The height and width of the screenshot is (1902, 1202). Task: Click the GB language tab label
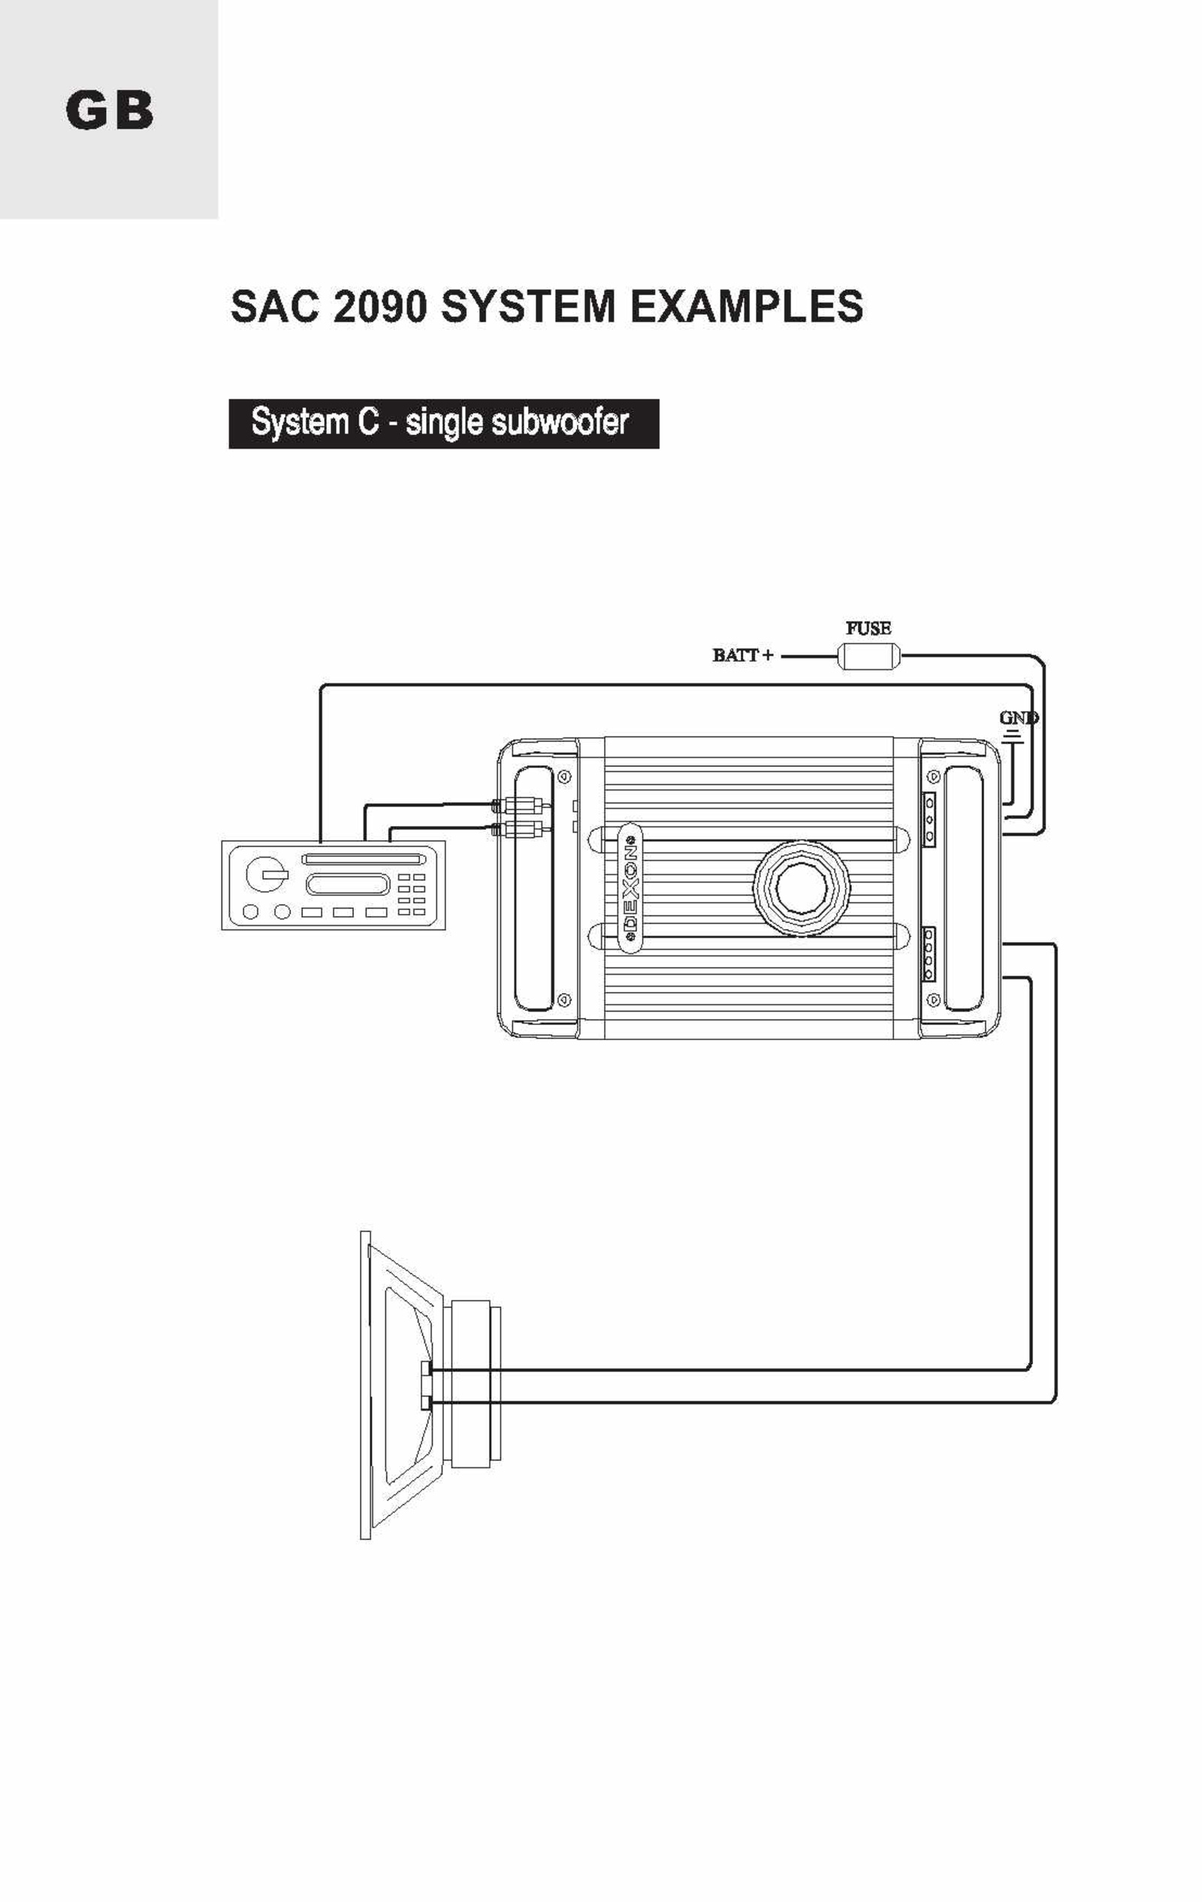(x=110, y=110)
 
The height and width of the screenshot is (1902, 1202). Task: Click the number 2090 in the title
(x=379, y=306)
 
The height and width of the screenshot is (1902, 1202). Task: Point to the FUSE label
(x=868, y=628)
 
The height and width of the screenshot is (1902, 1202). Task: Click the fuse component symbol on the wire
(x=868, y=656)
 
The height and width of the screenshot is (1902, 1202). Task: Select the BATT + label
(x=743, y=655)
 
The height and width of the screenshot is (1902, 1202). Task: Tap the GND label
(x=1019, y=718)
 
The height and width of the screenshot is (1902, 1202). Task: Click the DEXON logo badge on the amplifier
(x=630, y=888)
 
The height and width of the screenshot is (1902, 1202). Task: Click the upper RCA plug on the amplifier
(x=517, y=806)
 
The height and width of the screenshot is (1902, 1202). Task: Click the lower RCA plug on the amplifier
(x=517, y=830)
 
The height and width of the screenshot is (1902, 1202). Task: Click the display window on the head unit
(x=348, y=884)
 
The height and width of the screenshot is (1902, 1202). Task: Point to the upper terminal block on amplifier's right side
(x=929, y=818)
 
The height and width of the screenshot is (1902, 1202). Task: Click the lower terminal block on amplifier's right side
(x=929, y=954)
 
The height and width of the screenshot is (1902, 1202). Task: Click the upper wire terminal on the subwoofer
(x=427, y=1368)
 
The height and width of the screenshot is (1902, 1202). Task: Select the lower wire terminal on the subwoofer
(x=427, y=1402)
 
